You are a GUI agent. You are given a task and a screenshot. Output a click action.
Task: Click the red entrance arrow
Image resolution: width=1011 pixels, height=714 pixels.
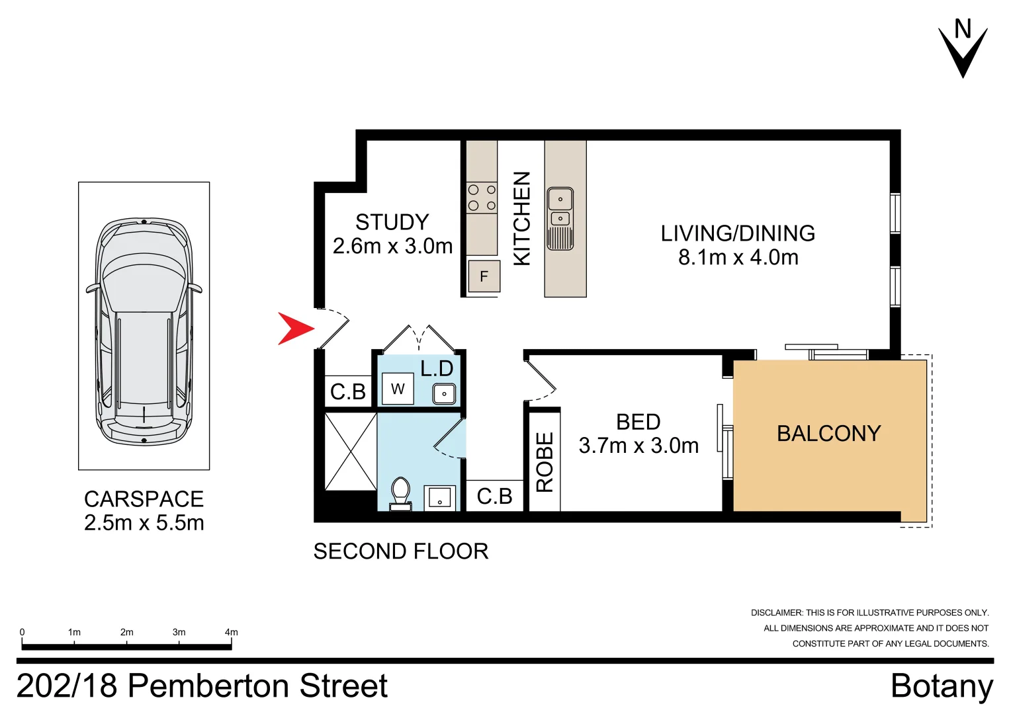point(294,329)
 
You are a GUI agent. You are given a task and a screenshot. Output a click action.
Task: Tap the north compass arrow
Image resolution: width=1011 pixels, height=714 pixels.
point(963,53)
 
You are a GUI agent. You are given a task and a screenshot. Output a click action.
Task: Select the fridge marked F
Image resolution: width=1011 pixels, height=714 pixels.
point(484,276)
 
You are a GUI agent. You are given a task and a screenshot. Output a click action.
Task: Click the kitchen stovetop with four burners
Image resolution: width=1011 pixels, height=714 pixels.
point(482,198)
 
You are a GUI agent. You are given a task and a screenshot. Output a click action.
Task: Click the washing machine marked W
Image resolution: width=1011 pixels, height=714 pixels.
point(398,389)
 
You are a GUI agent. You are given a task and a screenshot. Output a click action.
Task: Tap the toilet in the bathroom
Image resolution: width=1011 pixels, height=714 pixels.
point(400,493)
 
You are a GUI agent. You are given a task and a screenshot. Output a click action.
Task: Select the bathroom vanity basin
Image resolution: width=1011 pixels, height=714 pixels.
point(439,497)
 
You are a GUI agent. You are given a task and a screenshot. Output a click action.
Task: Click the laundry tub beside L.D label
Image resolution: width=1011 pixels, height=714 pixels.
point(444,394)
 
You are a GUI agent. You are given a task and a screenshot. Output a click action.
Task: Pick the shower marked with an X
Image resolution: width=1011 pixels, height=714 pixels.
point(351,452)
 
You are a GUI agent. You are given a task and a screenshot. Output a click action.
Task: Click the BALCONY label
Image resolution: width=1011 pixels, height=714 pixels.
point(828,434)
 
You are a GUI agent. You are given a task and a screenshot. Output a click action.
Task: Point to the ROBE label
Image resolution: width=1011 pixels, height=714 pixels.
point(544,462)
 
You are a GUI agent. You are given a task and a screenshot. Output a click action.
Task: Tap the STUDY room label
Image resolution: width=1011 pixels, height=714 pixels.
point(392,222)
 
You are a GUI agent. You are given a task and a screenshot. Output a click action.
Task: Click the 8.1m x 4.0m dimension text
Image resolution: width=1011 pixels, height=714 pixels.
point(738,257)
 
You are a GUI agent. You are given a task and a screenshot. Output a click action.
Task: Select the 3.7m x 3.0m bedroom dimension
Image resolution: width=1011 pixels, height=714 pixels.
point(638,446)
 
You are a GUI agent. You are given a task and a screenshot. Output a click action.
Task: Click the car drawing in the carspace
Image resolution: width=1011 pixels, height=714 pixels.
point(144,332)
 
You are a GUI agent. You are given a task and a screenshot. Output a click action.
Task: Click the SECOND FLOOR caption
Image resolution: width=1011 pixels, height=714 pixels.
point(400,551)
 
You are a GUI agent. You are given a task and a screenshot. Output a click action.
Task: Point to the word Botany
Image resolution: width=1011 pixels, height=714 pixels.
point(942,686)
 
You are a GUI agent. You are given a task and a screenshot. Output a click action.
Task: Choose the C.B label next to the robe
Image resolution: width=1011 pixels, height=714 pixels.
point(494,496)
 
